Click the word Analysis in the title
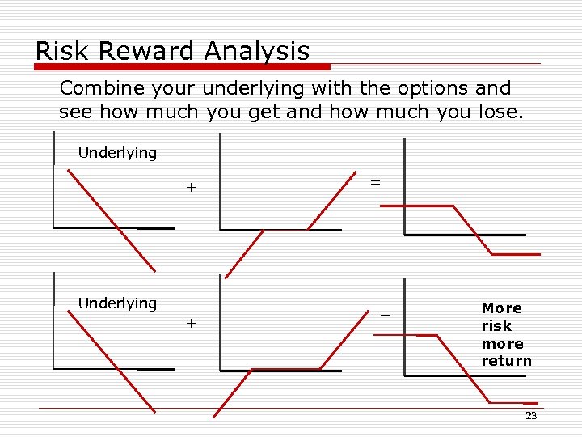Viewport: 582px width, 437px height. (256, 51)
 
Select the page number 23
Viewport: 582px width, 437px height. (530, 416)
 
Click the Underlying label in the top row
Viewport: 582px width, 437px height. (117, 153)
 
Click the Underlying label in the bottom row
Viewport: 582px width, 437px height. (117, 303)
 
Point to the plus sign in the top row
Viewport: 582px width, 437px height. (191, 188)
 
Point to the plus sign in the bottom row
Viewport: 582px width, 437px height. (191, 323)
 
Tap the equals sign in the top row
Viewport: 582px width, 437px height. (375, 183)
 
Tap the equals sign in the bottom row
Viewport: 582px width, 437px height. (385, 313)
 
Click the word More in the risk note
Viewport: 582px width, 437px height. (501, 308)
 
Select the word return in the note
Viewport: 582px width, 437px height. (506, 361)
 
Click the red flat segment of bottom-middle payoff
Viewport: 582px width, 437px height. (285, 370)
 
